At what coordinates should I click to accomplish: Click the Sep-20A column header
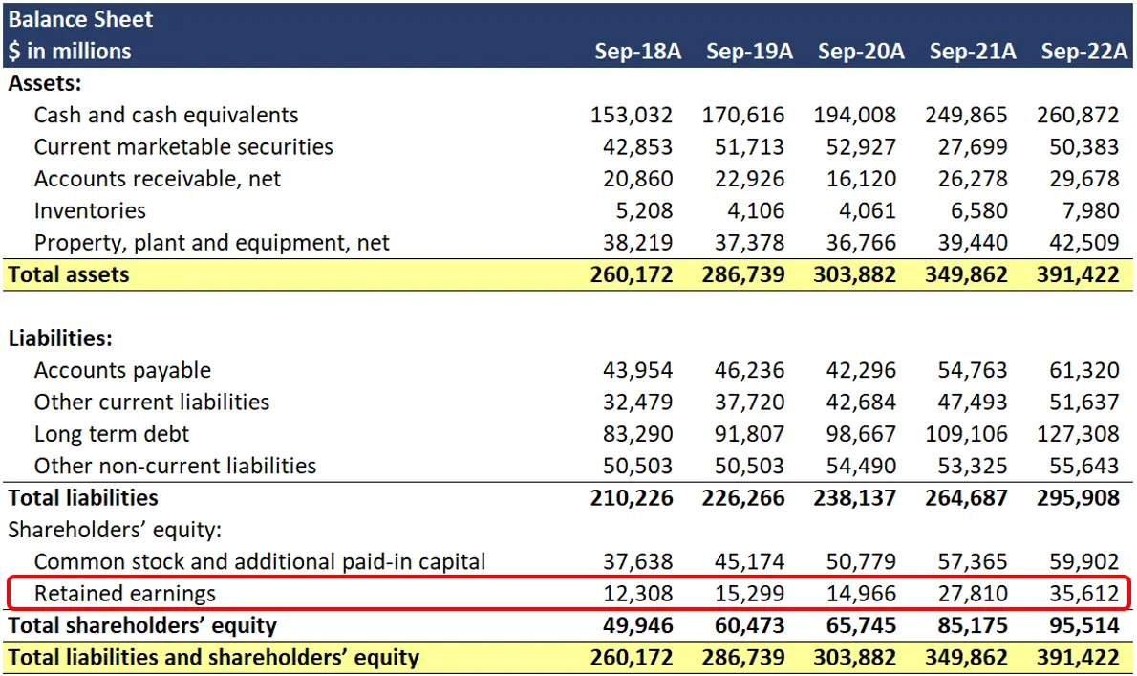(x=860, y=51)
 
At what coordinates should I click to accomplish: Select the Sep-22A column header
(x=1083, y=51)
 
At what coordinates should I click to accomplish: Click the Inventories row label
(x=90, y=210)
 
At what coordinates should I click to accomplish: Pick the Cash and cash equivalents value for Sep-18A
(x=632, y=116)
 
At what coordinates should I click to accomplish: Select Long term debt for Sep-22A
(x=1077, y=434)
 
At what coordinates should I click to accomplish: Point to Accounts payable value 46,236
(x=749, y=370)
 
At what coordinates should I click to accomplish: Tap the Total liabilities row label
(x=83, y=497)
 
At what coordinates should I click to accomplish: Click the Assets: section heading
(x=45, y=83)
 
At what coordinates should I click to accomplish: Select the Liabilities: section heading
(x=61, y=338)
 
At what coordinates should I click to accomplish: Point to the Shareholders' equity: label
(x=115, y=530)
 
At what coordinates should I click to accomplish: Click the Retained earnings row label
(x=125, y=594)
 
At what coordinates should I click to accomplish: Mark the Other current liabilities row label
(x=152, y=402)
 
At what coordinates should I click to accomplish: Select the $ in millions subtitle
(x=70, y=51)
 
